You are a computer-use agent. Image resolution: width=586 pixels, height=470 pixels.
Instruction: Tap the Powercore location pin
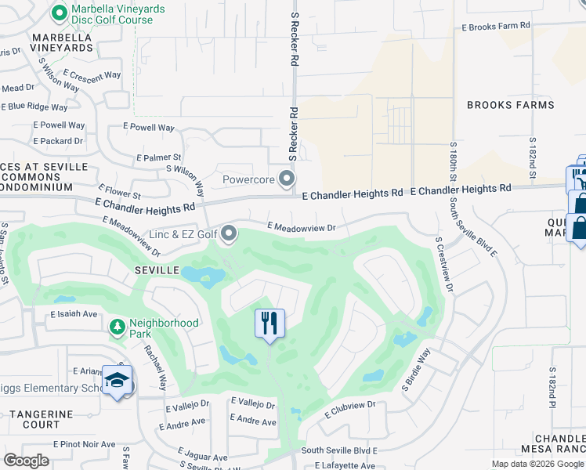(288, 179)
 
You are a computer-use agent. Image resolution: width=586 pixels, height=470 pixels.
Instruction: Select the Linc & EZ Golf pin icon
(229, 233)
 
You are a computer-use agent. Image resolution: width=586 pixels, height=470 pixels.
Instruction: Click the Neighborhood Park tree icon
(117, 325)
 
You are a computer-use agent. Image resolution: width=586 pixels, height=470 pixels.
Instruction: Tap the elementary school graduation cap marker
(117, 381)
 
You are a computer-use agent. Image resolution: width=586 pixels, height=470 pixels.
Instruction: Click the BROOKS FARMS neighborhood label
(510, 105)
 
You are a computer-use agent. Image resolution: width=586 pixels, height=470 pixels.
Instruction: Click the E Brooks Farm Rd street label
(496, 26)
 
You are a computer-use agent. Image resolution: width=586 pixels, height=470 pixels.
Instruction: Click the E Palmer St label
(159, 157)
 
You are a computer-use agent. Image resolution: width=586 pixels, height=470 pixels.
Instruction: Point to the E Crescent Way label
(92, 76)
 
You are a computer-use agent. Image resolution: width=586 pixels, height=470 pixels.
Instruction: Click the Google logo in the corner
(26, 461)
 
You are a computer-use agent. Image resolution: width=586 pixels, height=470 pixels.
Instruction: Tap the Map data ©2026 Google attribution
(538, 464)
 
